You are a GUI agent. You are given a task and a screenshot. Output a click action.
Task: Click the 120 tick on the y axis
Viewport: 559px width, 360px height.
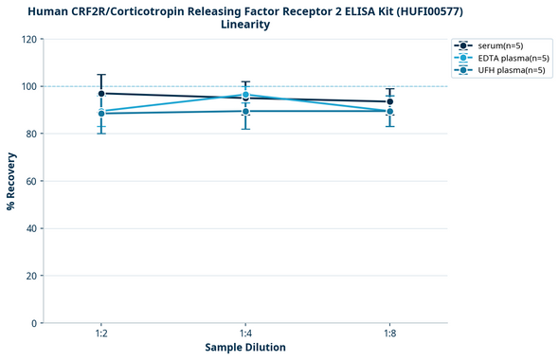pyautogui.click(x=29, y=39)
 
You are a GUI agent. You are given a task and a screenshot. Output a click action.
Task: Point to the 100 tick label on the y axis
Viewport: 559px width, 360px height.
pyautogui.click(x=29, y=86)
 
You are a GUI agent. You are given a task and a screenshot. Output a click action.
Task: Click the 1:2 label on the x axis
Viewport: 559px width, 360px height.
pyautogui.click(x=100, y=334)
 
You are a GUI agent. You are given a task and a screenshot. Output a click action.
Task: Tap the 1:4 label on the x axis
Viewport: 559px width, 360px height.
pyautogui.click(x=245, y=334)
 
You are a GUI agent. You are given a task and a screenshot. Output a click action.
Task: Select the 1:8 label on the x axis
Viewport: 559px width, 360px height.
pyautogui.click(x=390, y=334)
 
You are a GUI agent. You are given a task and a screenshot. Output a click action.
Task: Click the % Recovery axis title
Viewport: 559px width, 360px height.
pyautogui.click(x=11, y=181)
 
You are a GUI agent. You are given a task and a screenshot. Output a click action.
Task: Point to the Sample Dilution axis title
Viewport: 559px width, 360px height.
pyautogui.click(x=245, y=348)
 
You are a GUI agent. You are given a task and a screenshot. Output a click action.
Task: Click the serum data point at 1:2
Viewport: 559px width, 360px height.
pyautogui.click(x=100, y=93)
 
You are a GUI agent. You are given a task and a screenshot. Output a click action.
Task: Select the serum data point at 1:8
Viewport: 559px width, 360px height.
pyautogui.click(x=390, y=101)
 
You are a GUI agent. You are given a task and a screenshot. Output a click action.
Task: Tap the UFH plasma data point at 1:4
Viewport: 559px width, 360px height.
pyautogui.click(x=245, y=111)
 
